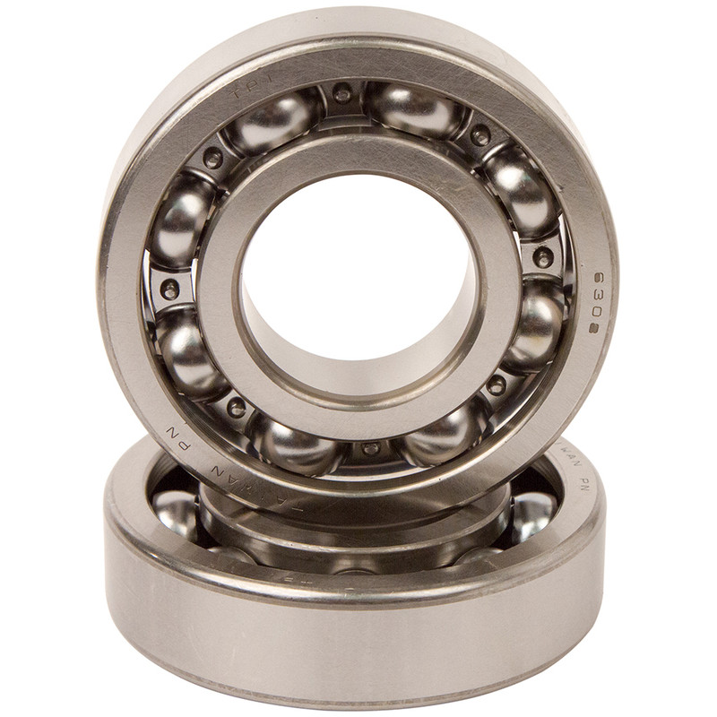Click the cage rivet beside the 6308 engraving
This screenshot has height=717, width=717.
tap(543, 258)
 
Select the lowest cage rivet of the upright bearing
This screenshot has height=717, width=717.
tap(370, 447)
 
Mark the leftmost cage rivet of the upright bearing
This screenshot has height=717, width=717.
tap(169, 289)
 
